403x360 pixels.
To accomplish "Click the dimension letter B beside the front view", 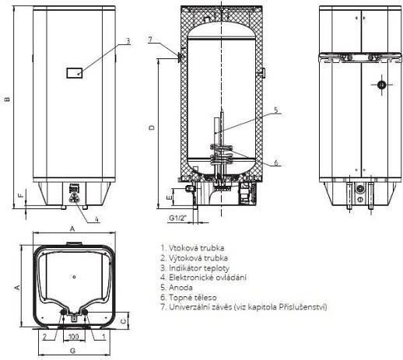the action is [x=8, y=99].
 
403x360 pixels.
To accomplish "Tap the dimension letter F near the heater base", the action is [x=21, y=194].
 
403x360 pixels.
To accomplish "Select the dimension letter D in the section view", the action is [x=152, y=128].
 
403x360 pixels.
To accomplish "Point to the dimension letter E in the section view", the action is [x=169, y=197].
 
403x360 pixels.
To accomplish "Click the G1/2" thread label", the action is [x=178, y=218].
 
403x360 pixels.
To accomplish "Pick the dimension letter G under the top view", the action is [x=73, y=351].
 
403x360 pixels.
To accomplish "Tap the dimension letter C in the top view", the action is [x=124, y=321].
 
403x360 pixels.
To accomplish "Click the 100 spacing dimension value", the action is [x=73, y=337].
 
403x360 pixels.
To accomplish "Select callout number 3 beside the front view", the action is [x=128, y=40].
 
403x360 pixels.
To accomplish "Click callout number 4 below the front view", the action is [x=96, y=219].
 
